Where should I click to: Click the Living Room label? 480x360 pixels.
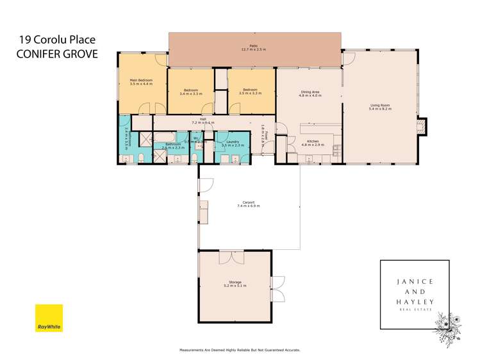(380, 107)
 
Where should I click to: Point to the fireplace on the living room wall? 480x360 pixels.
(420, 126)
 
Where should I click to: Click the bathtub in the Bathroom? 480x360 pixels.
(170, 136)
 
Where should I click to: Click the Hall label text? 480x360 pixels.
(203, 119)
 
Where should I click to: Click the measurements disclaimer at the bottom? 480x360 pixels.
(240, 350)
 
